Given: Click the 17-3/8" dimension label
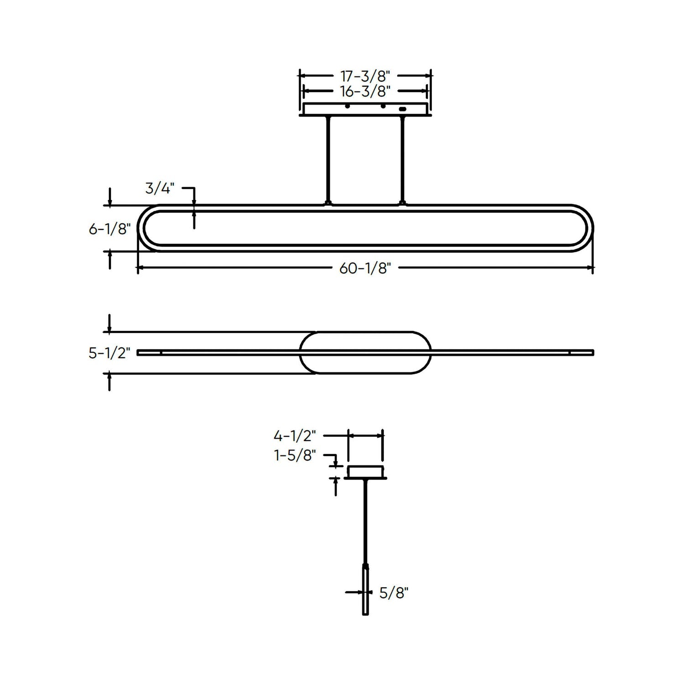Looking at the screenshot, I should click(x=365, y=76).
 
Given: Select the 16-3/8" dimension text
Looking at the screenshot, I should click(x=365, y=92).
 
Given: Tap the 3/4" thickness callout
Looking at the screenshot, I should click(x=160, y=188).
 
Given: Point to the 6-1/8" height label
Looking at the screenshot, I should click(x=110, y=229).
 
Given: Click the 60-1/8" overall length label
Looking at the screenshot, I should click(x=365, y=269).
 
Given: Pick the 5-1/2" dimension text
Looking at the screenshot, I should click(x=110, y=353).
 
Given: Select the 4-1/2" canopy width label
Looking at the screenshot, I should click(x=295, y=436).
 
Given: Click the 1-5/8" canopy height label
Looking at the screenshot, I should click(x=295, y=455).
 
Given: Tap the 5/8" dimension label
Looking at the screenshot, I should click(x=394, y=593).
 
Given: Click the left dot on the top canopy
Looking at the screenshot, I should click(x=347, y=106).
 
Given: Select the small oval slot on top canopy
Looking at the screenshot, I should click(x=402, y=109).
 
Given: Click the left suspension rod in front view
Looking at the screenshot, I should click(x=327, y=160).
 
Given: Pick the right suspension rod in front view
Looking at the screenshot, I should click(x=402, y=160).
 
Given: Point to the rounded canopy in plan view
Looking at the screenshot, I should click(x=365, y=352).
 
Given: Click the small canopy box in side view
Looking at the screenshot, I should click(x=365, y=472).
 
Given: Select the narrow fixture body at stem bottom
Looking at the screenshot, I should click(x=365, y=591).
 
